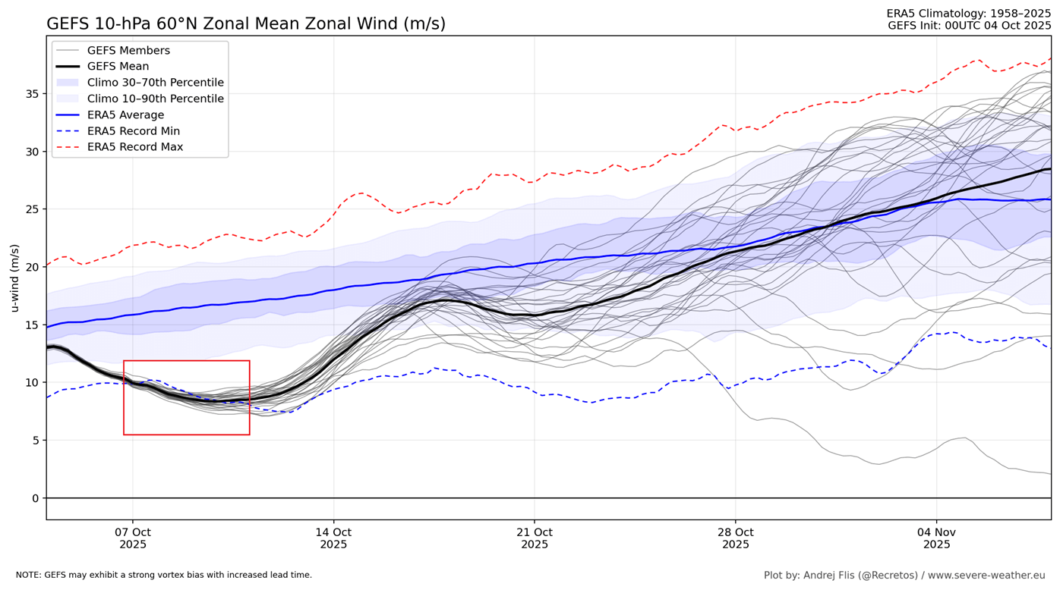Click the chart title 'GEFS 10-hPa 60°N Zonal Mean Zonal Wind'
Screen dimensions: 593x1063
246,24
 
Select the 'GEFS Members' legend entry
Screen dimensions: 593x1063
128,51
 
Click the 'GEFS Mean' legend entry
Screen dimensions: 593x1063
118,67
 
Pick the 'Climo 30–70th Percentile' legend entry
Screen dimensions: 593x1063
155,83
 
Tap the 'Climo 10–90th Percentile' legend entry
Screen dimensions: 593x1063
155,99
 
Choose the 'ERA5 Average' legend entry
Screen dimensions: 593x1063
125,115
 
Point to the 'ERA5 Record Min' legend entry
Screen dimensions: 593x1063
134,131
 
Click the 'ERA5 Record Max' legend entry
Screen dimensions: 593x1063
135,147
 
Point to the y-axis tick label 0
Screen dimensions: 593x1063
34,498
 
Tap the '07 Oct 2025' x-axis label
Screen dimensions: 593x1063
133,538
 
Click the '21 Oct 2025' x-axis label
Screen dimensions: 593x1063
535,538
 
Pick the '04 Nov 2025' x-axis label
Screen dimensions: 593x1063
936,538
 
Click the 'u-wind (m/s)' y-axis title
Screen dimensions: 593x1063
14,278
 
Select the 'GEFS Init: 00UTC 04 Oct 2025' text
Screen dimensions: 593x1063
969,26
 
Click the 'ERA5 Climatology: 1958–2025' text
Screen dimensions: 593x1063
968,14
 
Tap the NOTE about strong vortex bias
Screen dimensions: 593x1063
164,576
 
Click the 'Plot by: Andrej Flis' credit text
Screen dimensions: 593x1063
904,576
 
